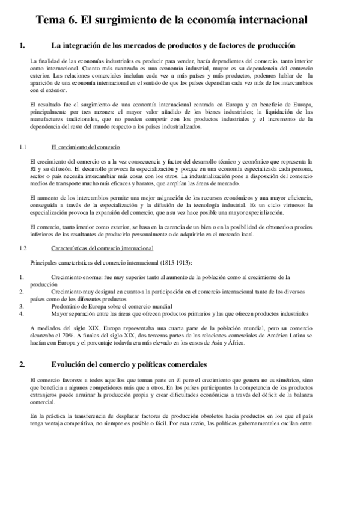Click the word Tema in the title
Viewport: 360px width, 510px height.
(x=51, y=20)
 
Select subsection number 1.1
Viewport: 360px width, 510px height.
(x=23, y=147)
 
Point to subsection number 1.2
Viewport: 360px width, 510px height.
(x=23, y=248)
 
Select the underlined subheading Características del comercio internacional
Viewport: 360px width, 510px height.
(x=102, y=248)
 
